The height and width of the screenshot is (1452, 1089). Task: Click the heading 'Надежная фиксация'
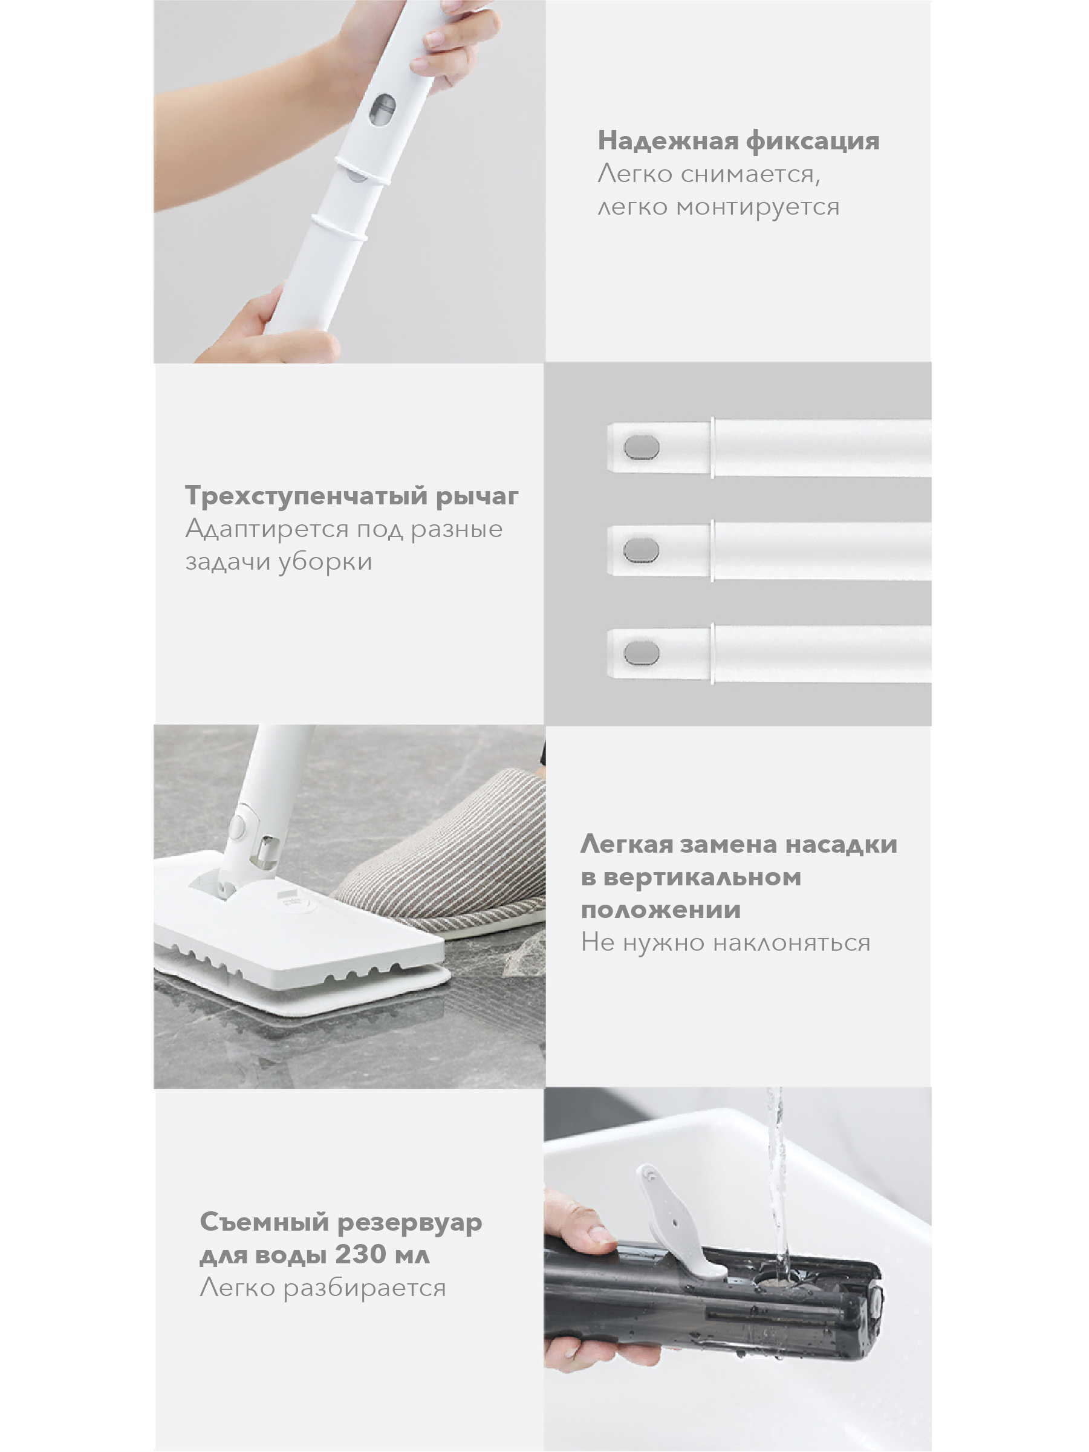click(738, 140)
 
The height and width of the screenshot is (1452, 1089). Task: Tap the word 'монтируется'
click(758, 207)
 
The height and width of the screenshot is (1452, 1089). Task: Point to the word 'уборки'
click(325, 562)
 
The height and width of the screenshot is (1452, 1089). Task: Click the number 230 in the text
click(360, 1254)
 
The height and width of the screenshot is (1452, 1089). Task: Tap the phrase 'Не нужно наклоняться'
click(726, 943)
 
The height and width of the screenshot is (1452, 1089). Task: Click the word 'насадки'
click(841, 845)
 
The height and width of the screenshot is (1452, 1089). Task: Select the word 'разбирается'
click(365, 1288)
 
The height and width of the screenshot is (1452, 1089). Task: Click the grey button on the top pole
click(642, 447)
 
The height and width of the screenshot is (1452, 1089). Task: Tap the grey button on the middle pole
click(641, 550)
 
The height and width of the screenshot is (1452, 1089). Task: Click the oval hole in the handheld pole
click(382, 109)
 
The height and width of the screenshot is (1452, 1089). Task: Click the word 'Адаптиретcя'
click(267, 530)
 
